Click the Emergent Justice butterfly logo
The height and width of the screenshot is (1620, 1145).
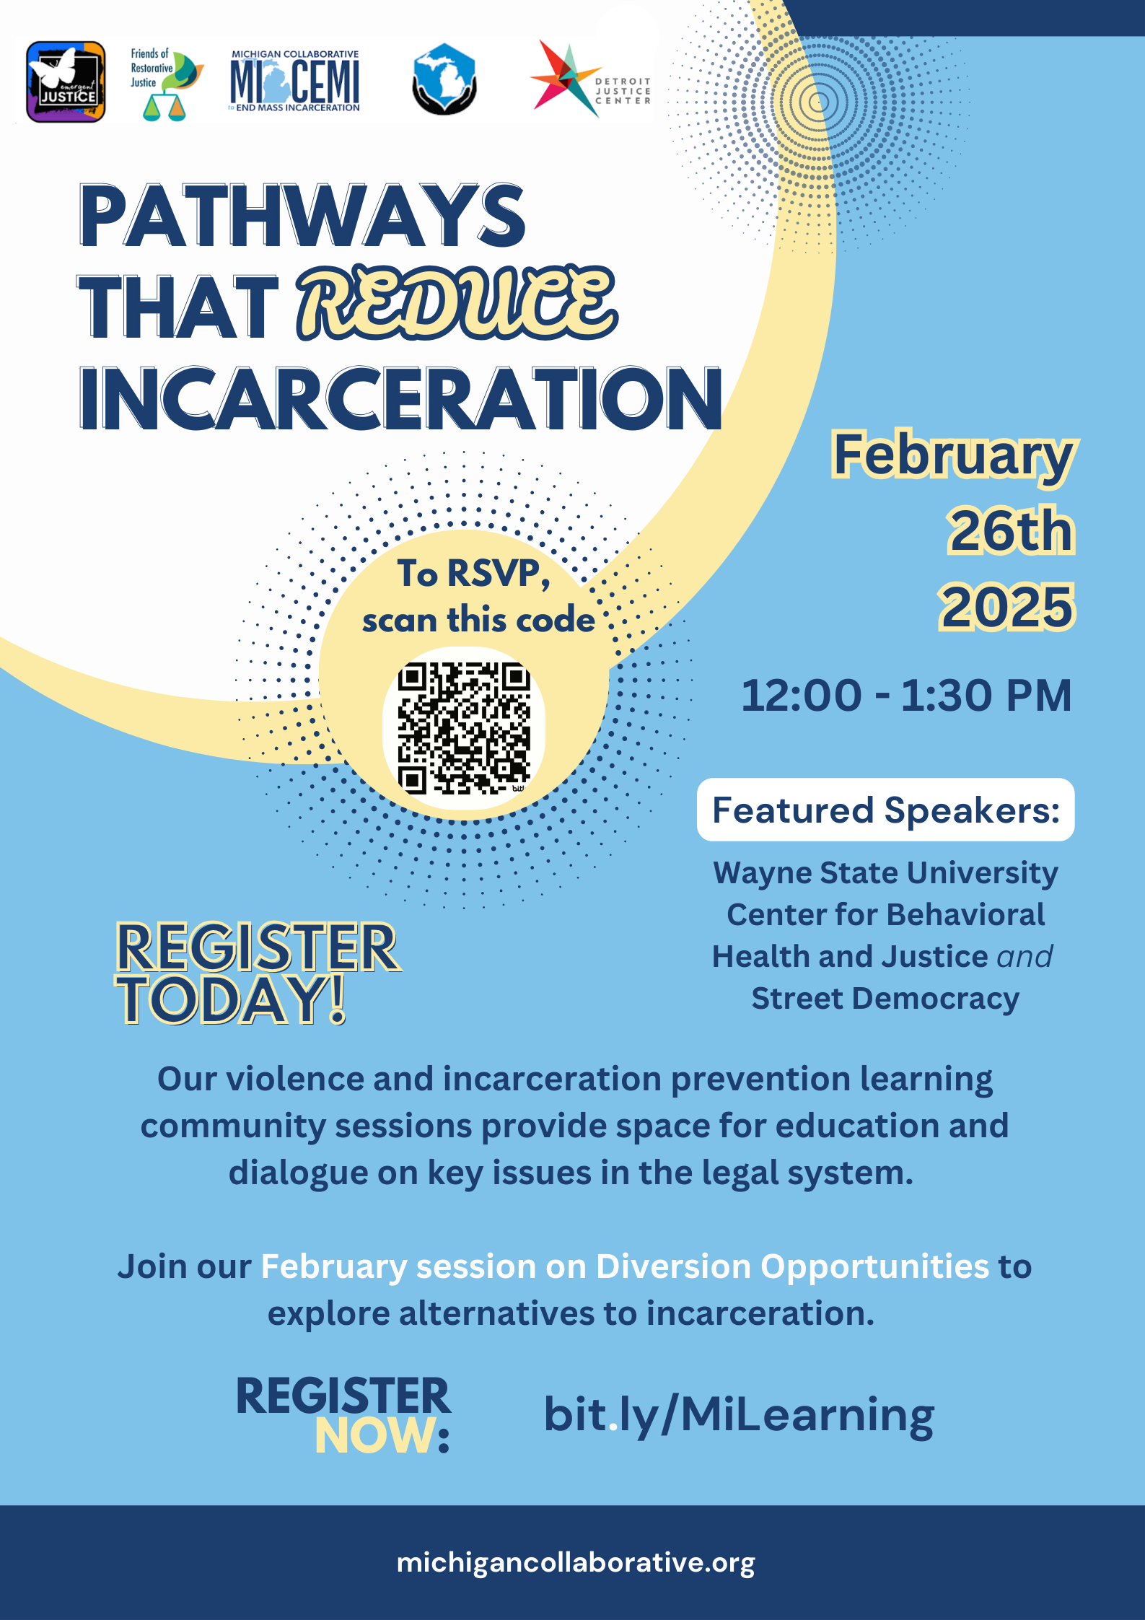pos(66,82)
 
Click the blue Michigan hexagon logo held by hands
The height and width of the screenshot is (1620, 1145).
pos(444,79)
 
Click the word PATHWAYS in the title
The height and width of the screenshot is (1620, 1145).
pos(302,216)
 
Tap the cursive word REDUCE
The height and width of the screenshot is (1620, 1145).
pos(457,303)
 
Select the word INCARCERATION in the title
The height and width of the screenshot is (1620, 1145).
pos(400,398)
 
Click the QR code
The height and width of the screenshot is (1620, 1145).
pos(464,728)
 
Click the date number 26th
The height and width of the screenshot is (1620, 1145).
pos(1011,531)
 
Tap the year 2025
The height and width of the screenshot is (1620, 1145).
pos(1006,606)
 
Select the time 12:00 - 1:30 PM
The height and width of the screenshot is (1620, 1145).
pos(906,696)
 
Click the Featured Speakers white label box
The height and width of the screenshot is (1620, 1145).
pos(885,810)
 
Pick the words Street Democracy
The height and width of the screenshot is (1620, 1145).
pos(885,999)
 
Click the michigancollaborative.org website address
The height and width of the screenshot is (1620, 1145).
pos(576,1563)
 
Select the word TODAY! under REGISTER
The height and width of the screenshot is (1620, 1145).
pos(232,999)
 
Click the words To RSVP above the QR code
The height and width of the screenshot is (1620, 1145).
pos(473,574)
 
